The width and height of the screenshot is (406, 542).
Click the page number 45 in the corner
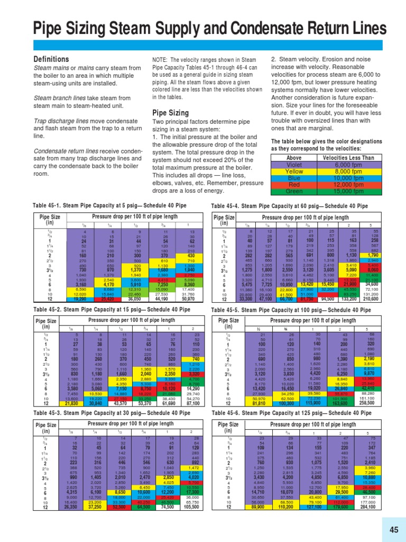pos(393,530)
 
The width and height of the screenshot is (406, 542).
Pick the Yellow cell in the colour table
pos(294,171)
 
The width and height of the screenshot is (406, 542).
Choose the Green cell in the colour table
pos(294,191)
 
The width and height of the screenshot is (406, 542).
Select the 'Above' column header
pos(294,157)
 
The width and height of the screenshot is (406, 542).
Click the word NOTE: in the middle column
pos(160,59)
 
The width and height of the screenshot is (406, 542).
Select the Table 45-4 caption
pos(289,205)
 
